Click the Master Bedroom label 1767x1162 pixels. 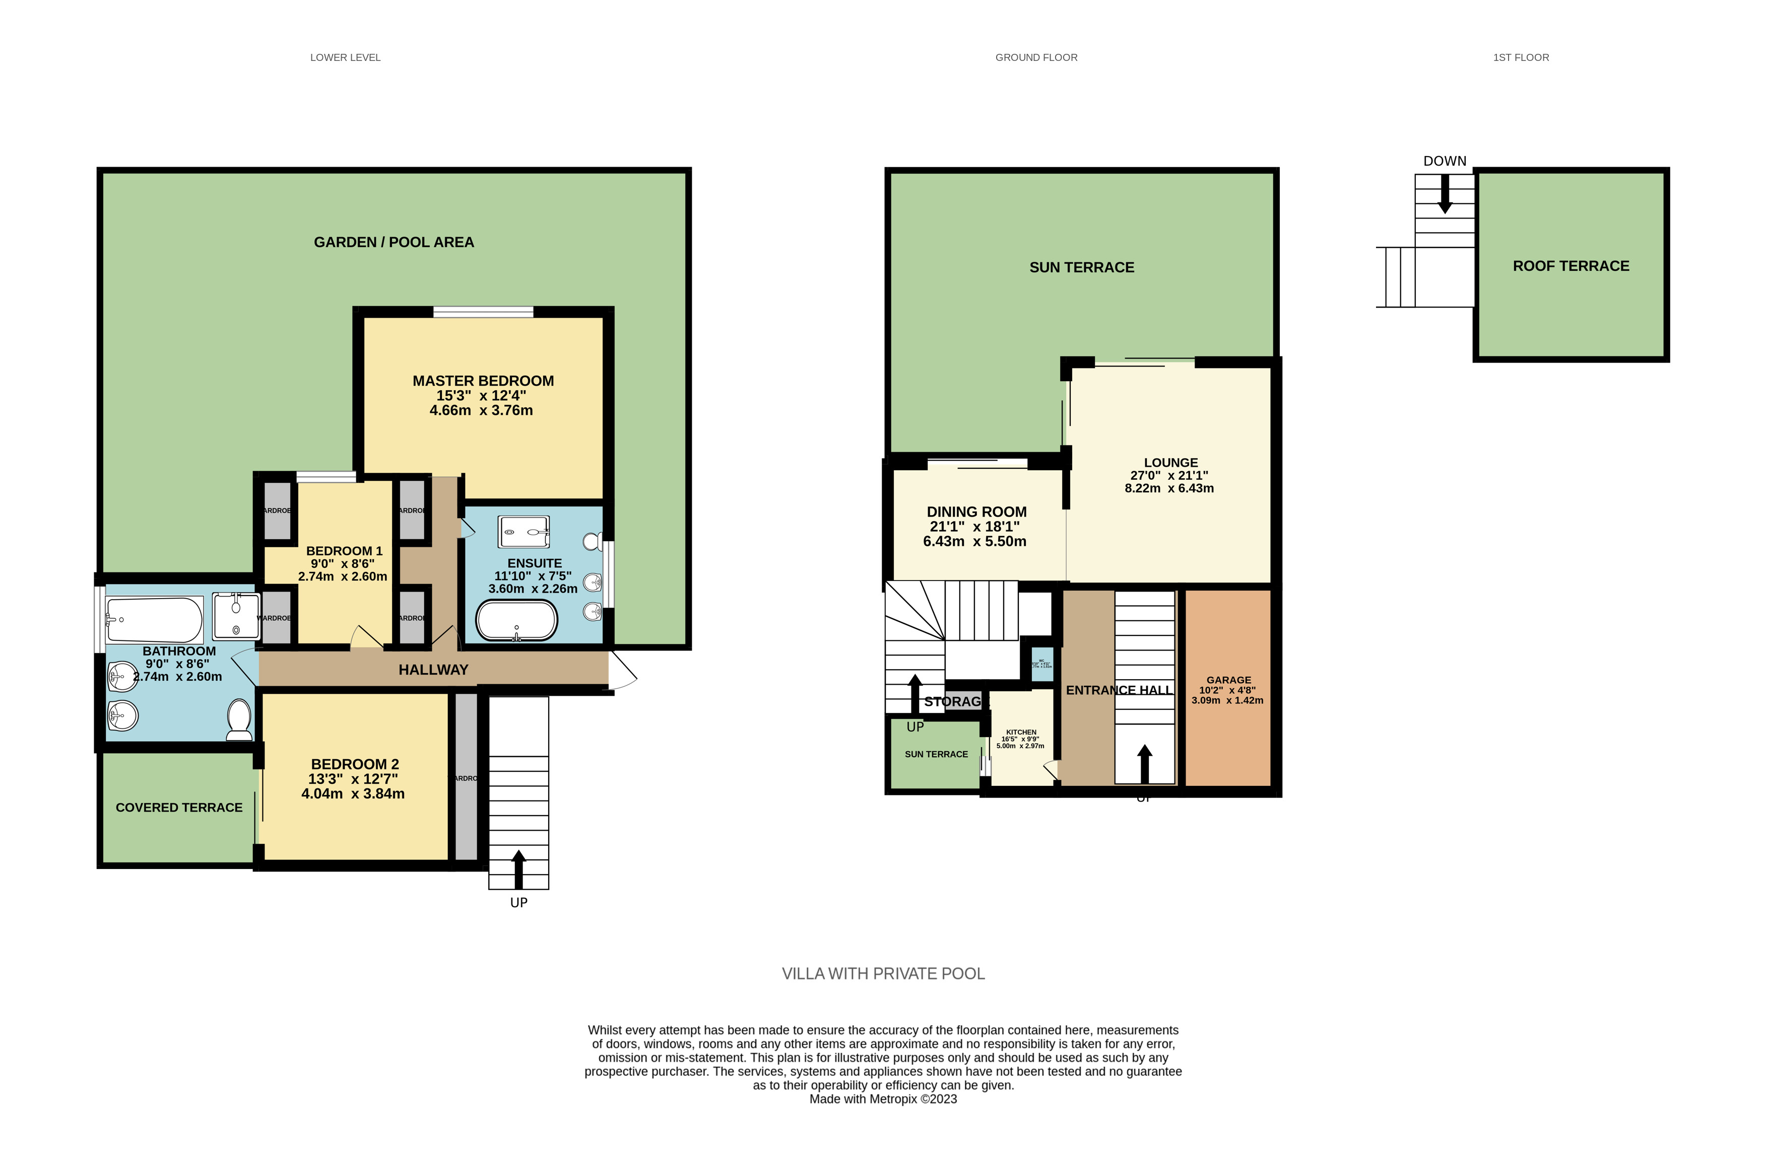[483, 381]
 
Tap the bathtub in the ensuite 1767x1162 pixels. [516, 620]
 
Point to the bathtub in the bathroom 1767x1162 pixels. [154, 620]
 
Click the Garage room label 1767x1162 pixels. [1229, 680]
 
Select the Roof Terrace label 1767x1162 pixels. [1571, 266]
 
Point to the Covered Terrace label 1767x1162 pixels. [179, 808]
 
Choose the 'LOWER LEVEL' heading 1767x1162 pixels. [345, 57]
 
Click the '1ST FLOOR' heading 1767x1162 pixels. [1521, 57]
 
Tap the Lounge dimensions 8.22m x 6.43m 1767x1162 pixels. [1169, 488]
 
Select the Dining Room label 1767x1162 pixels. [976, 512]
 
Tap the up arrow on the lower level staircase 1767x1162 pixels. [518, 868]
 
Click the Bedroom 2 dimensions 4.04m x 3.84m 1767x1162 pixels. [353, 794]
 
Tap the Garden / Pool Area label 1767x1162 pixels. [394, 242]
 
